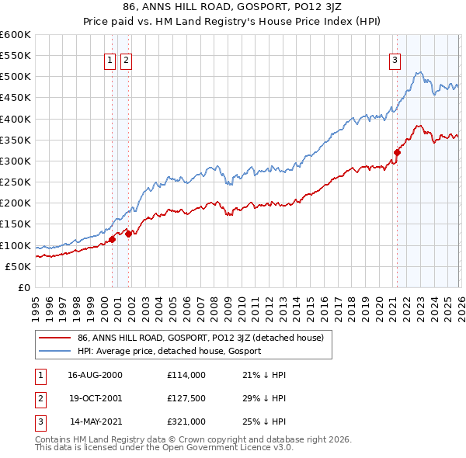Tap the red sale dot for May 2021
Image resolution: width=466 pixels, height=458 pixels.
click(397, 152)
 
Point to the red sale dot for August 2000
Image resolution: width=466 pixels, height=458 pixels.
click(112, 239)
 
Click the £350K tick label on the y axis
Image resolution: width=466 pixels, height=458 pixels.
click(16, 141)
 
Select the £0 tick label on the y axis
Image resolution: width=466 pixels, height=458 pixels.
click(23, 287)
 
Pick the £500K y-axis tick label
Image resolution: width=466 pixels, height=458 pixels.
click(16, 77)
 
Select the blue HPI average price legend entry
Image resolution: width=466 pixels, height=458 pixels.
click(169, 351)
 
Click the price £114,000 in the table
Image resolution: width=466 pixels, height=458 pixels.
click(186, 375)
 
